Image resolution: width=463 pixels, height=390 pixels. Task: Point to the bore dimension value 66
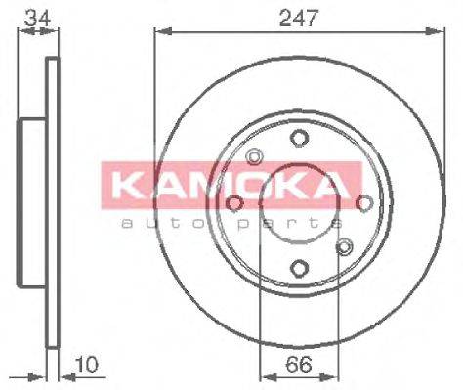pos(298,367)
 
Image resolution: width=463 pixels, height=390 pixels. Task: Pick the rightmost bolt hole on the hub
pos(364,203)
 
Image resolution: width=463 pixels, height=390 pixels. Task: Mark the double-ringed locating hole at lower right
pos(343,247)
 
